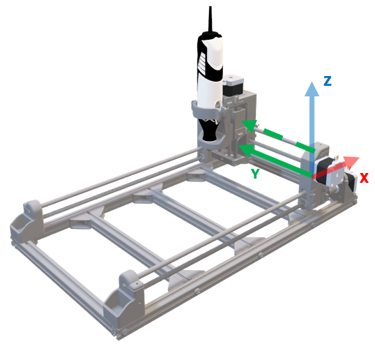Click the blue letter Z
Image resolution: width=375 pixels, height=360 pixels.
(327, 81)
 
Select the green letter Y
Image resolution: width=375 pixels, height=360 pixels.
(255, 173)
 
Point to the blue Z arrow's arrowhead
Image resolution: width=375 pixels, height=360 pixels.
(312, 88)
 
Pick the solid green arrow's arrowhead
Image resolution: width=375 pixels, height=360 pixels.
(243, 148)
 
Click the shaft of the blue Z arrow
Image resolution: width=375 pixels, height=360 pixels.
(312, 126)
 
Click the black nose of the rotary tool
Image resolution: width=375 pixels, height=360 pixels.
(209, 128)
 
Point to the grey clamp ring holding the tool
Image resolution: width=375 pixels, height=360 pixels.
(207, 110)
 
